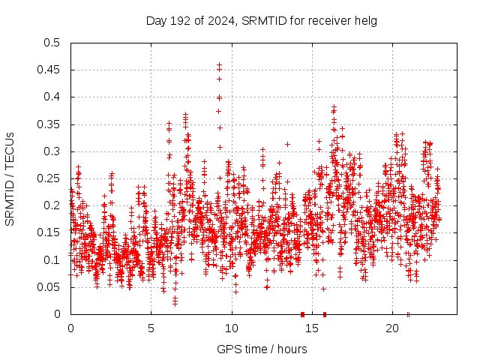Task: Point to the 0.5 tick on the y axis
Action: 52,43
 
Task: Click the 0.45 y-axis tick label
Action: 49,70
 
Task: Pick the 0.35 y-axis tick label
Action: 49,124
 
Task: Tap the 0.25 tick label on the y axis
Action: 49,178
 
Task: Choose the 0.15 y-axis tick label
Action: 49,232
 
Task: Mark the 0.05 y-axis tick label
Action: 49,287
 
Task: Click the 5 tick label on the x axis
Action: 151,328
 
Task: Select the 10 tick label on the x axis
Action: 232,328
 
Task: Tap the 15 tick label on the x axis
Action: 312,328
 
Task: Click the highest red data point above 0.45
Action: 219,65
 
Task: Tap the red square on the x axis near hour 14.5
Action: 302,314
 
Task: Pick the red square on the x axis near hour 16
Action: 325,314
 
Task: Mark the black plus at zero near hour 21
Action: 408,314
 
